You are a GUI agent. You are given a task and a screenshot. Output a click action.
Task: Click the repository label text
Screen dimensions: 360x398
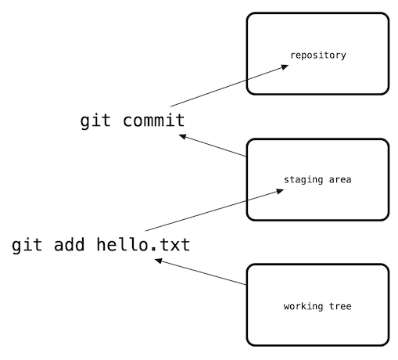(317, 56)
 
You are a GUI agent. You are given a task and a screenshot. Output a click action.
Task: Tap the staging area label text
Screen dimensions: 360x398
(317, 180)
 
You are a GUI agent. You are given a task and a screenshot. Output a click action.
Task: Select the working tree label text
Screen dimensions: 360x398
(317, 306)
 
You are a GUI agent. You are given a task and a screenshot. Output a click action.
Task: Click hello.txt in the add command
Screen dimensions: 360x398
(143, 246)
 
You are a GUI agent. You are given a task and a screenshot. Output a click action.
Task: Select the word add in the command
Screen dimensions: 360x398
(69, 246)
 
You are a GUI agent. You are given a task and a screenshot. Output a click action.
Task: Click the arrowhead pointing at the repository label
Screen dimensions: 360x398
(284, 67)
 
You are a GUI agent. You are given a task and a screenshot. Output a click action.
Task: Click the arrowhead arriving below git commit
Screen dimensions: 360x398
(183, 137)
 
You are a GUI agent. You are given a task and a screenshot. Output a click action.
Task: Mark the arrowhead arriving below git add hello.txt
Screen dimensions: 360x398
(159, 261)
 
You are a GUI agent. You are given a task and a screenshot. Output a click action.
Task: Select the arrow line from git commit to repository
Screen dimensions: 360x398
(227, 86)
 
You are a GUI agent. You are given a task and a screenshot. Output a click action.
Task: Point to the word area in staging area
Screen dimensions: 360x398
(339, 180)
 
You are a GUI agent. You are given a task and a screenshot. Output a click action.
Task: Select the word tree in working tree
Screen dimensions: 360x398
(341, 306)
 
